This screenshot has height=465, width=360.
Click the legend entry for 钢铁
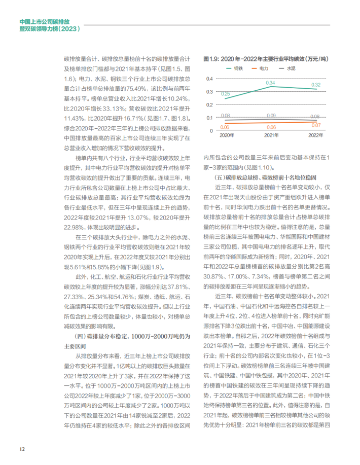[235, 67]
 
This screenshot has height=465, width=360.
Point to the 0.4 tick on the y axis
[209, 79]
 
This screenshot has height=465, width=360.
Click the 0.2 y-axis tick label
[209, 105]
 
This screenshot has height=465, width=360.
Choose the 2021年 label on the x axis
[271, 135]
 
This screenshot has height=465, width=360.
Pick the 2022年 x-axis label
[315, 135]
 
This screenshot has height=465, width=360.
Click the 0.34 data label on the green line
[271, 82]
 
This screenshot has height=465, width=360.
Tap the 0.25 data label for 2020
[226, 94]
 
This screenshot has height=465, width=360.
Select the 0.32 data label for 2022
[315, 85]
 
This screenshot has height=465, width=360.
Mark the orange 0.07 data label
[315, 125]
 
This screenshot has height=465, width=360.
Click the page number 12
[22, 449]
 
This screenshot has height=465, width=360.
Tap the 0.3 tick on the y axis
[209, 92]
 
